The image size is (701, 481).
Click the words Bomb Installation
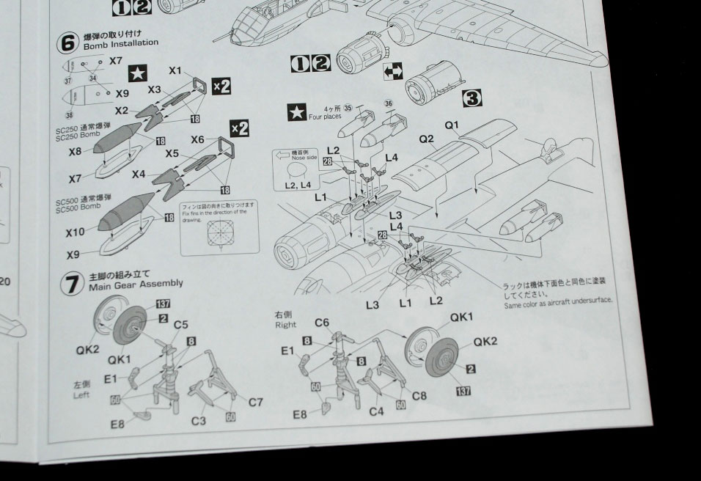click(x=121, y=44)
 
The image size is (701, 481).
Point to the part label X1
click(x=175, y=71)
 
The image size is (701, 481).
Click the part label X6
click(x=198, y=139)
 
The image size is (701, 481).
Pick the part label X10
click(x=76, y=232)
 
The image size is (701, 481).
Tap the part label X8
click(x=76, y=152)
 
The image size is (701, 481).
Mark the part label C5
click(x=180, y=324)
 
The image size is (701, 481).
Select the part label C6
click(x=322, y=323)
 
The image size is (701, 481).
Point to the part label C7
click(x=255, y=402)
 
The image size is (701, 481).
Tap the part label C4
click(x=376, y=412)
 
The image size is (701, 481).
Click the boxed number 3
click(x=471, y=97)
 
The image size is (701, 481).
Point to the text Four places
click(x=325, y=116)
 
